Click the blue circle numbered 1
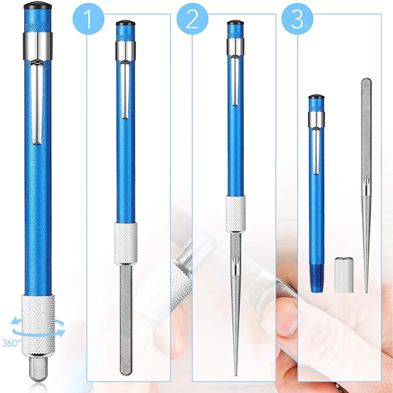(88, 19)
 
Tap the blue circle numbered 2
(192, 19)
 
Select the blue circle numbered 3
(297, 19)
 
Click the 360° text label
(11, 343)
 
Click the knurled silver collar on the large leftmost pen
(38, 325)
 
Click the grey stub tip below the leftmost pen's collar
(38, 369)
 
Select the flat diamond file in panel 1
(126, 320)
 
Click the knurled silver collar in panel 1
(126, 244)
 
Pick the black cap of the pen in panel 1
(126, 23)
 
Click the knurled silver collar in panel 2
(236, 214)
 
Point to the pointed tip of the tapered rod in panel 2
(236, 376)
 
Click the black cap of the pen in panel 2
(235, 23)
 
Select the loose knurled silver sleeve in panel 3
(344, 275)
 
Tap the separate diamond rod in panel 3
(366, 185)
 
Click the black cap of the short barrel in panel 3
(316, 97)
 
